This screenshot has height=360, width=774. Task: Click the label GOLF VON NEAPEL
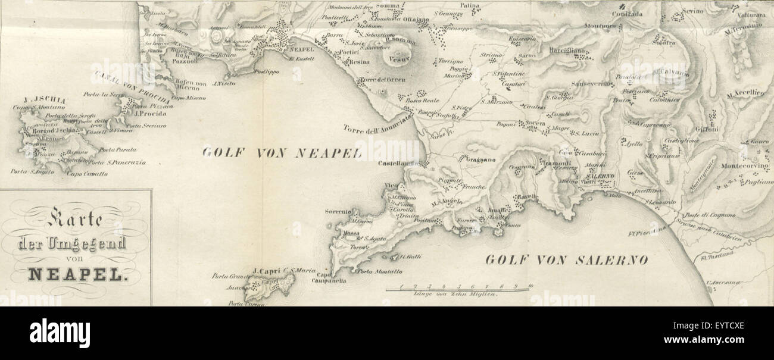(282, 153)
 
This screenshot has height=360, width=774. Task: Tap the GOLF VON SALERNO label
(566, 260)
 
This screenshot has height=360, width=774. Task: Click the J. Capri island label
(266, 271)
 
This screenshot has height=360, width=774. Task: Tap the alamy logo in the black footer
(60, 333)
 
